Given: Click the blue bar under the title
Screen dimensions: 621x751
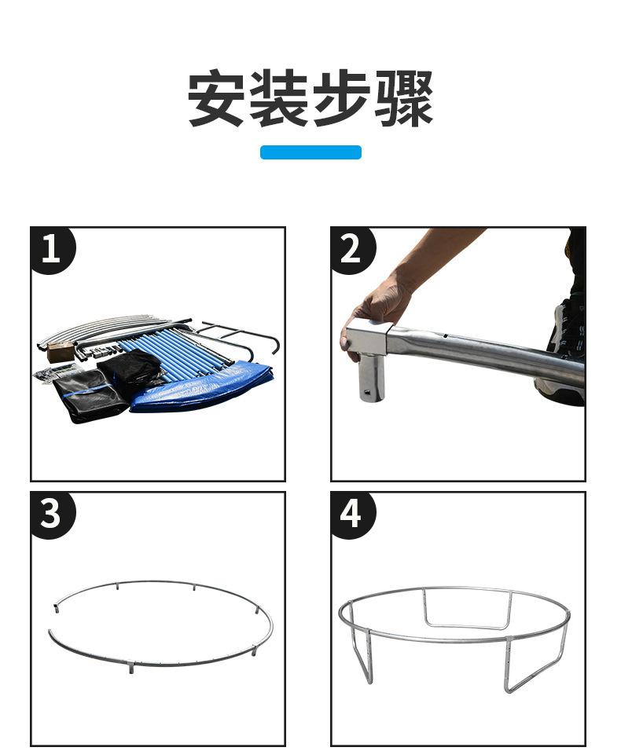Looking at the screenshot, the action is [x=310, y=152].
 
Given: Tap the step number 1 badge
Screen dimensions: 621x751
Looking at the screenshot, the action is [x=51, y=249].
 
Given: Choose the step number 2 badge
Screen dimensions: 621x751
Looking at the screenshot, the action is [x=351, y=249].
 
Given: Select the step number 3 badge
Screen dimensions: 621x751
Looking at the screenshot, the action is [x=51, y=514].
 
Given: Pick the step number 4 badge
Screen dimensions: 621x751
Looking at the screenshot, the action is [x=351, y=514].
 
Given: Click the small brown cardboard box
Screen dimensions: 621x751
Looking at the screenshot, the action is [x=57, y=352].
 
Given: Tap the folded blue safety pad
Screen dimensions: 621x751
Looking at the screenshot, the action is [x=201, y=388].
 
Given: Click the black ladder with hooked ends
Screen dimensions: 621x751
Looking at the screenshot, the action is [x=240, y=338].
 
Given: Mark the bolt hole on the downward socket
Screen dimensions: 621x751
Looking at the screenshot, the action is [x=368, y=392].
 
